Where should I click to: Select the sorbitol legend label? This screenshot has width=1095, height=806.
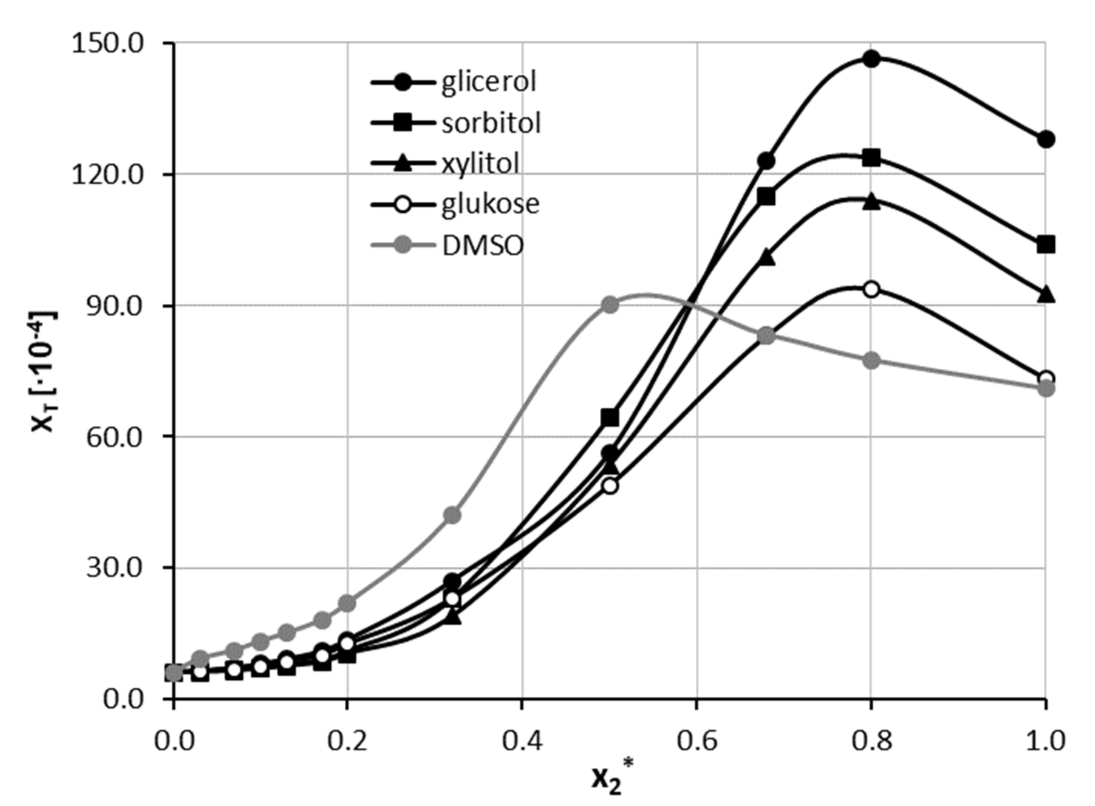click(491, 123)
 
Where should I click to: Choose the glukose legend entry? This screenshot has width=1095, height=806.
click(490, 204)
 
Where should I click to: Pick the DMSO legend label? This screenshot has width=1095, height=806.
click(483, 246)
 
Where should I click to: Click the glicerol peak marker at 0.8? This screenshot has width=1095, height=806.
click(871, 60)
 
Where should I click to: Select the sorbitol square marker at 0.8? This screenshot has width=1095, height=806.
click(871, 158)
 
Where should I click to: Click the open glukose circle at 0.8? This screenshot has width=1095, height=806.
click(871, 289)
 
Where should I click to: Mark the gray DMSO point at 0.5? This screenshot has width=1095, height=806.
click(610, 305)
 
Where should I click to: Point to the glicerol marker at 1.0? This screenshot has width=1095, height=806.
click(1045, 140)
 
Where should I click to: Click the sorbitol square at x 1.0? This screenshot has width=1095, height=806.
click(1045, 244)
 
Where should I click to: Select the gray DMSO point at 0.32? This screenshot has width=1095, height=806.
click(453, 515)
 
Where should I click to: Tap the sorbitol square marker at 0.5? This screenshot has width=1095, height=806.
click(610, 418)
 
